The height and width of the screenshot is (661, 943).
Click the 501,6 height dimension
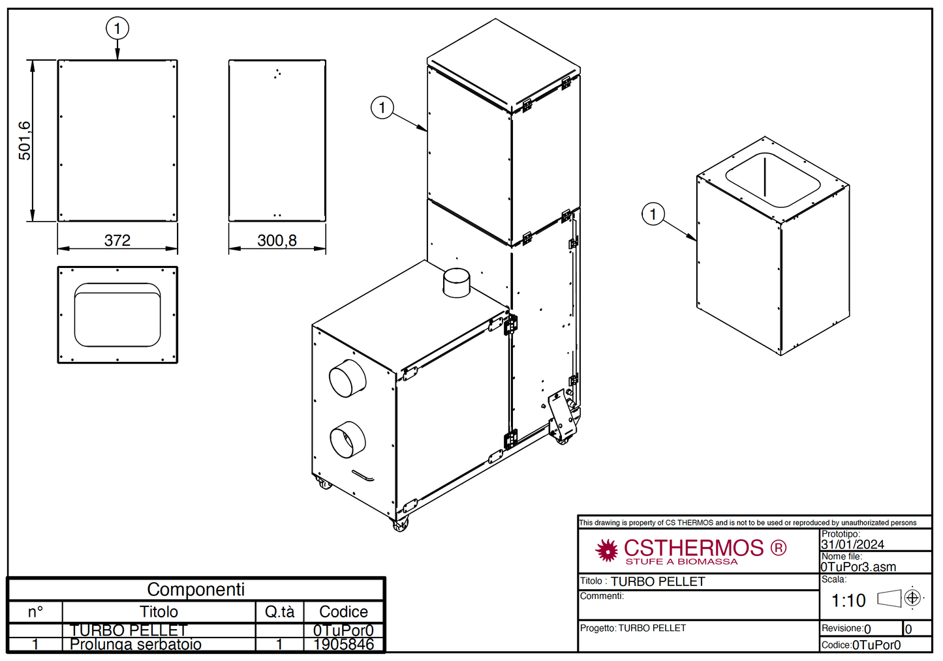coord(24,140)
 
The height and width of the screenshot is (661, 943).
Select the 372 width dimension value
coord(117,241)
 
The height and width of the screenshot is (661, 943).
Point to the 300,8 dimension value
coord(277,241)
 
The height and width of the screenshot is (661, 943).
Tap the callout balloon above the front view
coord(117,28)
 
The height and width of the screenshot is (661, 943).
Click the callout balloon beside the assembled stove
coord(382,108)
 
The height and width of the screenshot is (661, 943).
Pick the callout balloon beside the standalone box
coord(653,214)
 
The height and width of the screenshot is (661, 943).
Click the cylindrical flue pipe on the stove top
coord(456,282)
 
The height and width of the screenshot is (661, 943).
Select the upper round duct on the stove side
coord(348,378)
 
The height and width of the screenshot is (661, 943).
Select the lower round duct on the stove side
coord(348,440)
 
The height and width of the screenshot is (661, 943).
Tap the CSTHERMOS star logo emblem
coord(607,550)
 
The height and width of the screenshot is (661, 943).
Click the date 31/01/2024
coord(852,544)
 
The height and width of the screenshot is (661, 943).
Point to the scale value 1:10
coord(848,600)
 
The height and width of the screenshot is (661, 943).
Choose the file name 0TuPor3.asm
coord(858,567)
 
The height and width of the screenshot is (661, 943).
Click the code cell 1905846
coord(344,645)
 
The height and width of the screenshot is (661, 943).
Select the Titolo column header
coord(159,611)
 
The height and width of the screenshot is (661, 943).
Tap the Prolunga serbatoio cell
coord(136,645)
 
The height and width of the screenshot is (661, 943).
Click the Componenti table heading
coord(196,589)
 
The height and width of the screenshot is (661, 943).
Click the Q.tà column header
coord(279,611)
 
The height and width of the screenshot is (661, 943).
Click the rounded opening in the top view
coord(117,315)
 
